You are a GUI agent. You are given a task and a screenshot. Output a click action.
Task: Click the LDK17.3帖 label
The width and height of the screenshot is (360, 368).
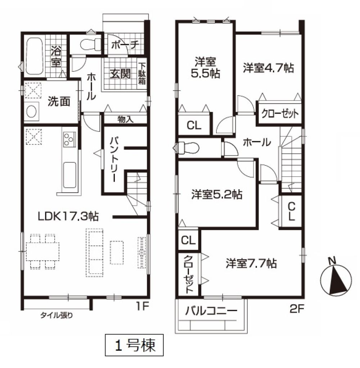coord(68,216)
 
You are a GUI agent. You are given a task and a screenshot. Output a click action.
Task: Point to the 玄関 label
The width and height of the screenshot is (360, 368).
coord(120,74)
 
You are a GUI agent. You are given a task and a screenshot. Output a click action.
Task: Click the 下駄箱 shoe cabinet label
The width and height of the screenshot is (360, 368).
coord(142,74)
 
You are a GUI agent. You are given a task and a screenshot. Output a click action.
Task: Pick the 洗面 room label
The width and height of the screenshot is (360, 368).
coord(59,101)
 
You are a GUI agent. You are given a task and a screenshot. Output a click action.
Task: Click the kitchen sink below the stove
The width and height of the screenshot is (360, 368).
coord(69,175)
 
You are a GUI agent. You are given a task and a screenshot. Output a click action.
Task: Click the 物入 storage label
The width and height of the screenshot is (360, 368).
coord(125,119)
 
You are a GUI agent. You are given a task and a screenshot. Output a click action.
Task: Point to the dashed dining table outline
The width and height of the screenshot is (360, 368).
coord(42,251)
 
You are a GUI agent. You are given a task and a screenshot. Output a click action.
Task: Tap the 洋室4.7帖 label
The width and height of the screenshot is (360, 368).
coord(268,68)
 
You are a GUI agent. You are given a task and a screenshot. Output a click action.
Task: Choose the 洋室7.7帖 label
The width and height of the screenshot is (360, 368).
coord(251,263)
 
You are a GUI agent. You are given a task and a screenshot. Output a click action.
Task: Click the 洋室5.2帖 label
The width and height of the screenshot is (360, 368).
coord(217,194)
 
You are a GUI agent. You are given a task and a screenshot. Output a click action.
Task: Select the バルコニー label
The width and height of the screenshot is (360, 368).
coord(211,311)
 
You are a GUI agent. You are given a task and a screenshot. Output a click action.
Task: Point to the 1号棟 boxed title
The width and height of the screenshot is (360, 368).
coord(134,345)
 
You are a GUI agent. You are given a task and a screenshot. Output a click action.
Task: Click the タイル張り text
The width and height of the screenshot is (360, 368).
coord(57,315)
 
